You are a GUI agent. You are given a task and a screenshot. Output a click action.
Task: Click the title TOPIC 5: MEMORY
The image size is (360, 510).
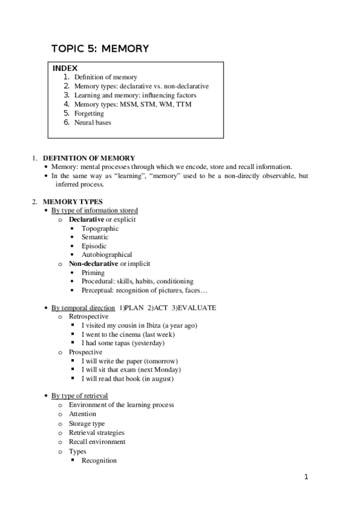click(100, 48)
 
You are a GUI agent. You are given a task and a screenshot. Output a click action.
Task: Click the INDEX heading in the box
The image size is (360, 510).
click(66, 69)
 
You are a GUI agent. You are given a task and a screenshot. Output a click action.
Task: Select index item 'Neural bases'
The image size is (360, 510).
click(93, 122)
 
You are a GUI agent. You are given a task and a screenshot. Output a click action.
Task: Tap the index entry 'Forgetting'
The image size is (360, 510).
click(89, 113)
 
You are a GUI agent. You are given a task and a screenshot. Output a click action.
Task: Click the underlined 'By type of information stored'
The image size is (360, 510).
click(94, 210)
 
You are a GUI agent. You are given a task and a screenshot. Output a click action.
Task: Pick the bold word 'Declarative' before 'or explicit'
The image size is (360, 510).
click(87, 220)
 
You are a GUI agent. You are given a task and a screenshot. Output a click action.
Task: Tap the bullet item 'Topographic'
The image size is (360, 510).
click(100, 229)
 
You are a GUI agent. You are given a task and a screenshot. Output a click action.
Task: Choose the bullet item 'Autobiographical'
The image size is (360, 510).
click(107, 254)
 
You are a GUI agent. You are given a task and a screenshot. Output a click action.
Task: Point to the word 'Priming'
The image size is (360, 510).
click(93, 272)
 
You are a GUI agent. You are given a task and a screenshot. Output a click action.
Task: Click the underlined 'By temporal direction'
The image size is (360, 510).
click(83, 308)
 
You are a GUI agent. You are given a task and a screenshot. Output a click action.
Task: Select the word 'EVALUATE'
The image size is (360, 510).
click(195, 308)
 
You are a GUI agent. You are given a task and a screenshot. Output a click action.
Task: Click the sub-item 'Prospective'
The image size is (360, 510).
click(85, 352)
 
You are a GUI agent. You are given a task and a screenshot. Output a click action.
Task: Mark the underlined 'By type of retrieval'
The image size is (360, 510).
click(80, 396)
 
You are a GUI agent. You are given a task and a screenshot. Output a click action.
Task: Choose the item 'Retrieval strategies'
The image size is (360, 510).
click(97, 432)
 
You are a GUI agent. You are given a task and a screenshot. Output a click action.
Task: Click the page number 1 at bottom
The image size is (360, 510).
click(306, 478)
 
